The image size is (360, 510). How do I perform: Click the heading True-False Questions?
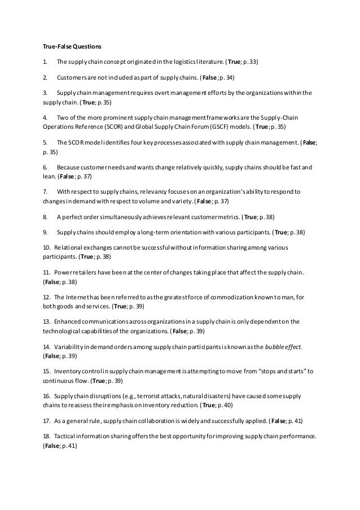click(x=72, y=45)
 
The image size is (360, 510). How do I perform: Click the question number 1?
click(x=46, y=60)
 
